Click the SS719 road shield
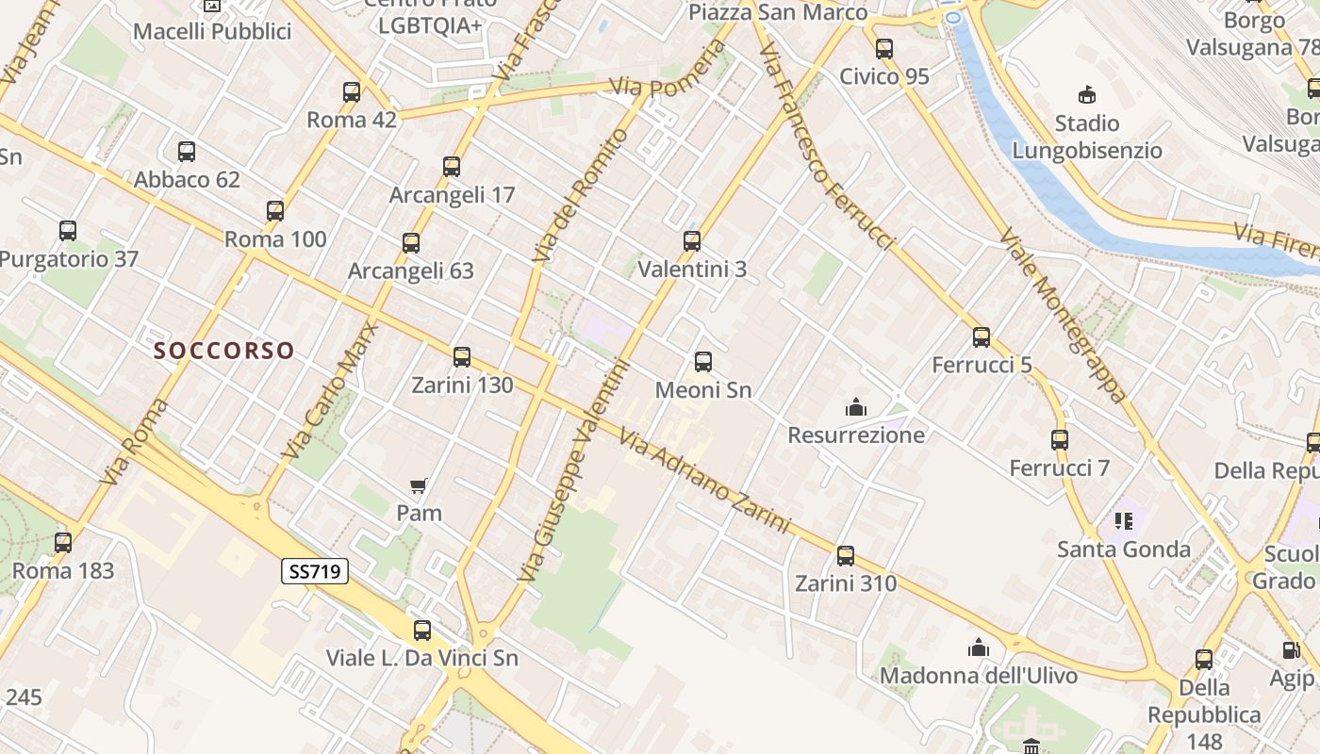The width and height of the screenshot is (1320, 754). click(x=315, y=570)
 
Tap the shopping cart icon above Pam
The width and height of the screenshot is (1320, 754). click(x=419, y=485)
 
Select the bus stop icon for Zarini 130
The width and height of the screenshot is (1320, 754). click(x=462, y=357)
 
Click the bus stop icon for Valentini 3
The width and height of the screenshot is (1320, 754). click(x=692, y=241)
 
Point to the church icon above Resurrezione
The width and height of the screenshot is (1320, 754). click(x=856, y=407)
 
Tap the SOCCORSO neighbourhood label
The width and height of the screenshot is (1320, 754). click(x=224, y=351)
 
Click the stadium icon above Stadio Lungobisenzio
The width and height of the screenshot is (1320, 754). click(x=1087, y=94)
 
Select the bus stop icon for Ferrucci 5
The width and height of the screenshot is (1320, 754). click(x=982, y=337)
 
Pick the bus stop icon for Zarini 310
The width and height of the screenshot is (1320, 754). click(x=846, y=556)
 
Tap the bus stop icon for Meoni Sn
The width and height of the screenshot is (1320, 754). click(x=703, y=362)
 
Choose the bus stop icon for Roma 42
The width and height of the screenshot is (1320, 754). click(x=352, y=92)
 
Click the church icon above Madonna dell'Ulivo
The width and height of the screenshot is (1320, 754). click(x=979, y=647)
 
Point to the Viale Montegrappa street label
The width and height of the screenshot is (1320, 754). click(x=1063, y=315)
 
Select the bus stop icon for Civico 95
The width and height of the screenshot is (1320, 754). click(x=884, y=49)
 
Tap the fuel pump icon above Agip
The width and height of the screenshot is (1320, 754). click(x=1291, y=649)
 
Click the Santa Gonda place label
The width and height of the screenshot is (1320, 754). click(x=1124, y=549)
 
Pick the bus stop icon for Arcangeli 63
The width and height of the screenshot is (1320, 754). click(x=411, y=243)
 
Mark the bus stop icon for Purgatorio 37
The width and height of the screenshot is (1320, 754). click(x=68, y=231)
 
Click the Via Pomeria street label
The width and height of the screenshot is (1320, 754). click(x=658, y=86)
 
